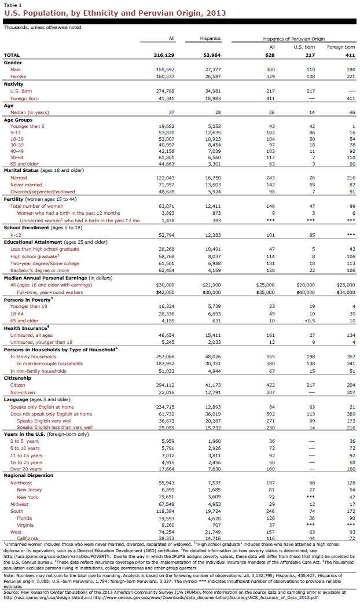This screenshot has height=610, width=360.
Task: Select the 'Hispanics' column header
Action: pos(210,38)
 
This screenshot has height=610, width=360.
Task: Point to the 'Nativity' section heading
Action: pos(14,84)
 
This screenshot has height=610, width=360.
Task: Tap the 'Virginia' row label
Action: pos(27,524)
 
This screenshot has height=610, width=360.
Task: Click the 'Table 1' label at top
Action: pos(12,4)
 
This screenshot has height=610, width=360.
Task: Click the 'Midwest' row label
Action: pos(20,504)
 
